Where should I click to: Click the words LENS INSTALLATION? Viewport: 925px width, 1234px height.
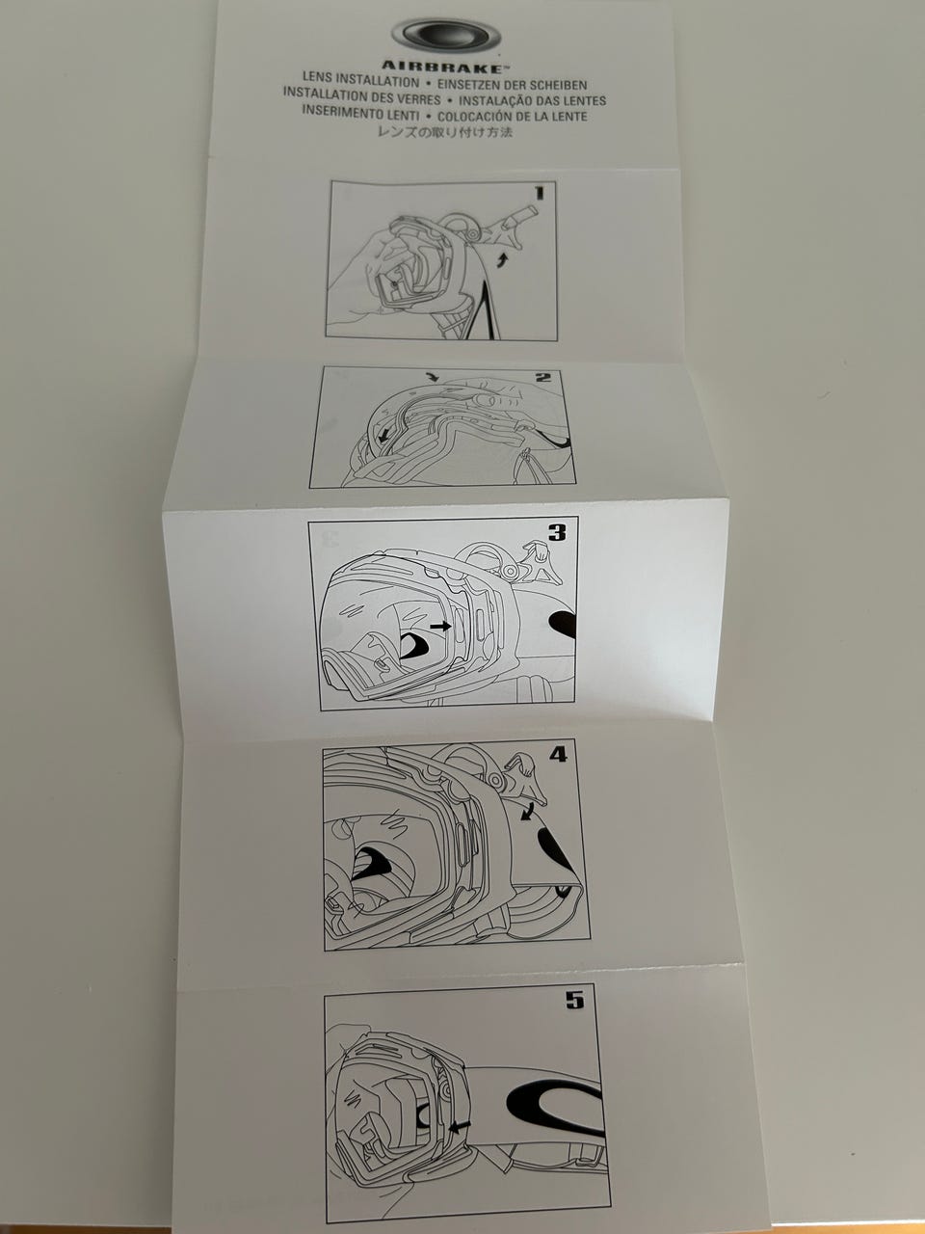[361, 84]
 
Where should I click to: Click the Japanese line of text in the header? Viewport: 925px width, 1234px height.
[442, 132]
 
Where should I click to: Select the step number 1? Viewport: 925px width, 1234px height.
[539, 193]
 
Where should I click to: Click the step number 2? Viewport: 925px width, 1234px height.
[543, 377]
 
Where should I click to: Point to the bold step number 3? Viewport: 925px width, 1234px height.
[557, 532]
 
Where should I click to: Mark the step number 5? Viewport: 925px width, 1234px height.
[574, 1001]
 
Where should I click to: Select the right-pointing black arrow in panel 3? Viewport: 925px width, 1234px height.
[440, 626]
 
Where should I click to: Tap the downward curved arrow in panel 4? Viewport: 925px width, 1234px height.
[526, 814]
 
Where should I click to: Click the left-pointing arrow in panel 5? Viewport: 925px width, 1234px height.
[460, 1125]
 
